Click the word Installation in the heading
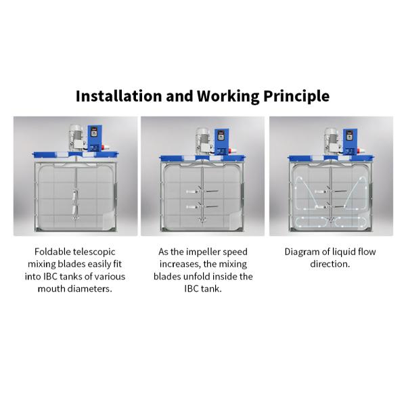pyautogui.click(x=119, y=96)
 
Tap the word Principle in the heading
pyautogui.click(x=296, y=96)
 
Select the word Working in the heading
pyautogui.click(x=228, y=96)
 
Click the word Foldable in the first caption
pyautogui.click(x=53, y=252)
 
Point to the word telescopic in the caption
pyautogui.click(x=94, y=252)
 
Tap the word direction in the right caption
pyautogui.click(x=330, y=264)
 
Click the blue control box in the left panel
pyautogui.click(x=95, y=138)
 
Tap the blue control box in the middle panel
pyautogui.click(x=222, y=142)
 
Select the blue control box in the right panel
pyautogui.click(x=350, y=142)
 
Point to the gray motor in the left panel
pyautogui.click(x=76, y=138)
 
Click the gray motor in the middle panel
pyautogui.click(x=203, y=141)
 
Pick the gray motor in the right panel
pyautogui.click(x=332, y=141)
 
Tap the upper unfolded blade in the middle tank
pyautogui.click(x=202, y=191)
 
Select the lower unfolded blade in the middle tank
pyautogui.click(x=202, y=206)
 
